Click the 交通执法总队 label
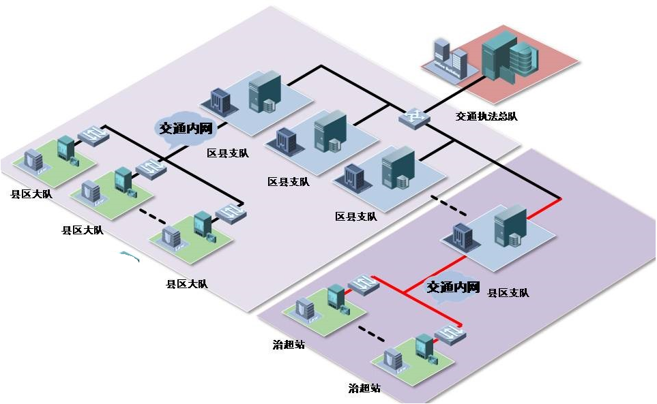(x=486, y=116)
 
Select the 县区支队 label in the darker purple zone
(x=508, y=293)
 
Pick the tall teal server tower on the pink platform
(x=497, y=54)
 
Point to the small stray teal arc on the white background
(x=128, y=256)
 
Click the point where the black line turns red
(x=560, y=199)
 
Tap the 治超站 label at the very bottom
(x=364, y=388)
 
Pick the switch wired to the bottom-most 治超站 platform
(x=450, y=334)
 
